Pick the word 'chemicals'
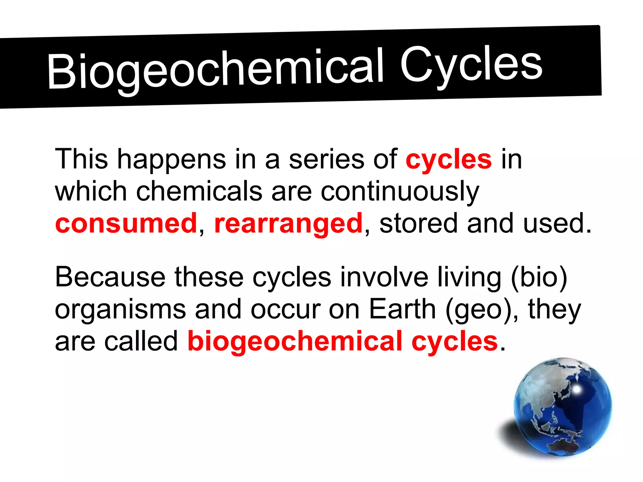click(x=199, y=191)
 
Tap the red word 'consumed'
click(x=126, y=223)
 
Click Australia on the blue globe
click(x=563, y=445)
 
